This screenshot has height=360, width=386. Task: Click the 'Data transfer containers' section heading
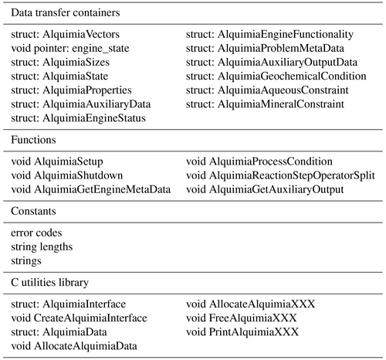pyautogui.click(x=66, y=12)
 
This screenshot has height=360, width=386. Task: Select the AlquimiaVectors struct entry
pyautogui.click(x=66, y=34)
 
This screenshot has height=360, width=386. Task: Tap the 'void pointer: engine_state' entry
pyautogui.click(x=70, y=49)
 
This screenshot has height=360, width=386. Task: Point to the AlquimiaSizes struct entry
pyautogui.click(x=60, y=63)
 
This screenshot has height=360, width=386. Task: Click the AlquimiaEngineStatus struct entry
pyautogui.click(x=78, y=118)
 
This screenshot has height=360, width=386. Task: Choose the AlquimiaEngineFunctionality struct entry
pyautogui.click(x=269, y=34)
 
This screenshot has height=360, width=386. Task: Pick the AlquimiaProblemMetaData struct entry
pyautogui.click(x=265, y=49)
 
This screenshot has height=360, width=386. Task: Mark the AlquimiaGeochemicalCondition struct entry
pyautogui.click(x=276, y=76)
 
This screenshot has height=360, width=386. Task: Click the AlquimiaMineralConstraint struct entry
pyautogui.click(x=265, y=104)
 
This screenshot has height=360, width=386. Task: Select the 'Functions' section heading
pyautogui.click(x=33, y=140)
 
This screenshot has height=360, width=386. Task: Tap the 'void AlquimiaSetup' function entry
pyautogui.click(x=57, y=161)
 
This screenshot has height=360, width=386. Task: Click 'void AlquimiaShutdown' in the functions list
pyautogui.click(x=67, y=175)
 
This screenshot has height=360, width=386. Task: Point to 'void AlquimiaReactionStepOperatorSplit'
pyautogui.click(x=280, y=175)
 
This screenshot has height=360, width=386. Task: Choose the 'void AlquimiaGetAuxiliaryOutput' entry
pyautogui.click(x=265, y=190)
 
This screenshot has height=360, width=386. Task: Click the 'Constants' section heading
pyautogui.click(x=33, y=211)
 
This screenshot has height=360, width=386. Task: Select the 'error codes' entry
pyautogui.click(x=36, y=233)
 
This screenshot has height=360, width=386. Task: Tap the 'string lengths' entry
pyautogui.click(x=42, y=247)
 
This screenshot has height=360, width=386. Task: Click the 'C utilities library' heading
pyautogui.click(x=49, y=283)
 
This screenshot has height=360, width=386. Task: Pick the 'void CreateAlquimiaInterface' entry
pyautogui.click(x=79, y=318)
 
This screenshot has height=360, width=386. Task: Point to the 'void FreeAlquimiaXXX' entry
pyautogui.click(x=242, y=318)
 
